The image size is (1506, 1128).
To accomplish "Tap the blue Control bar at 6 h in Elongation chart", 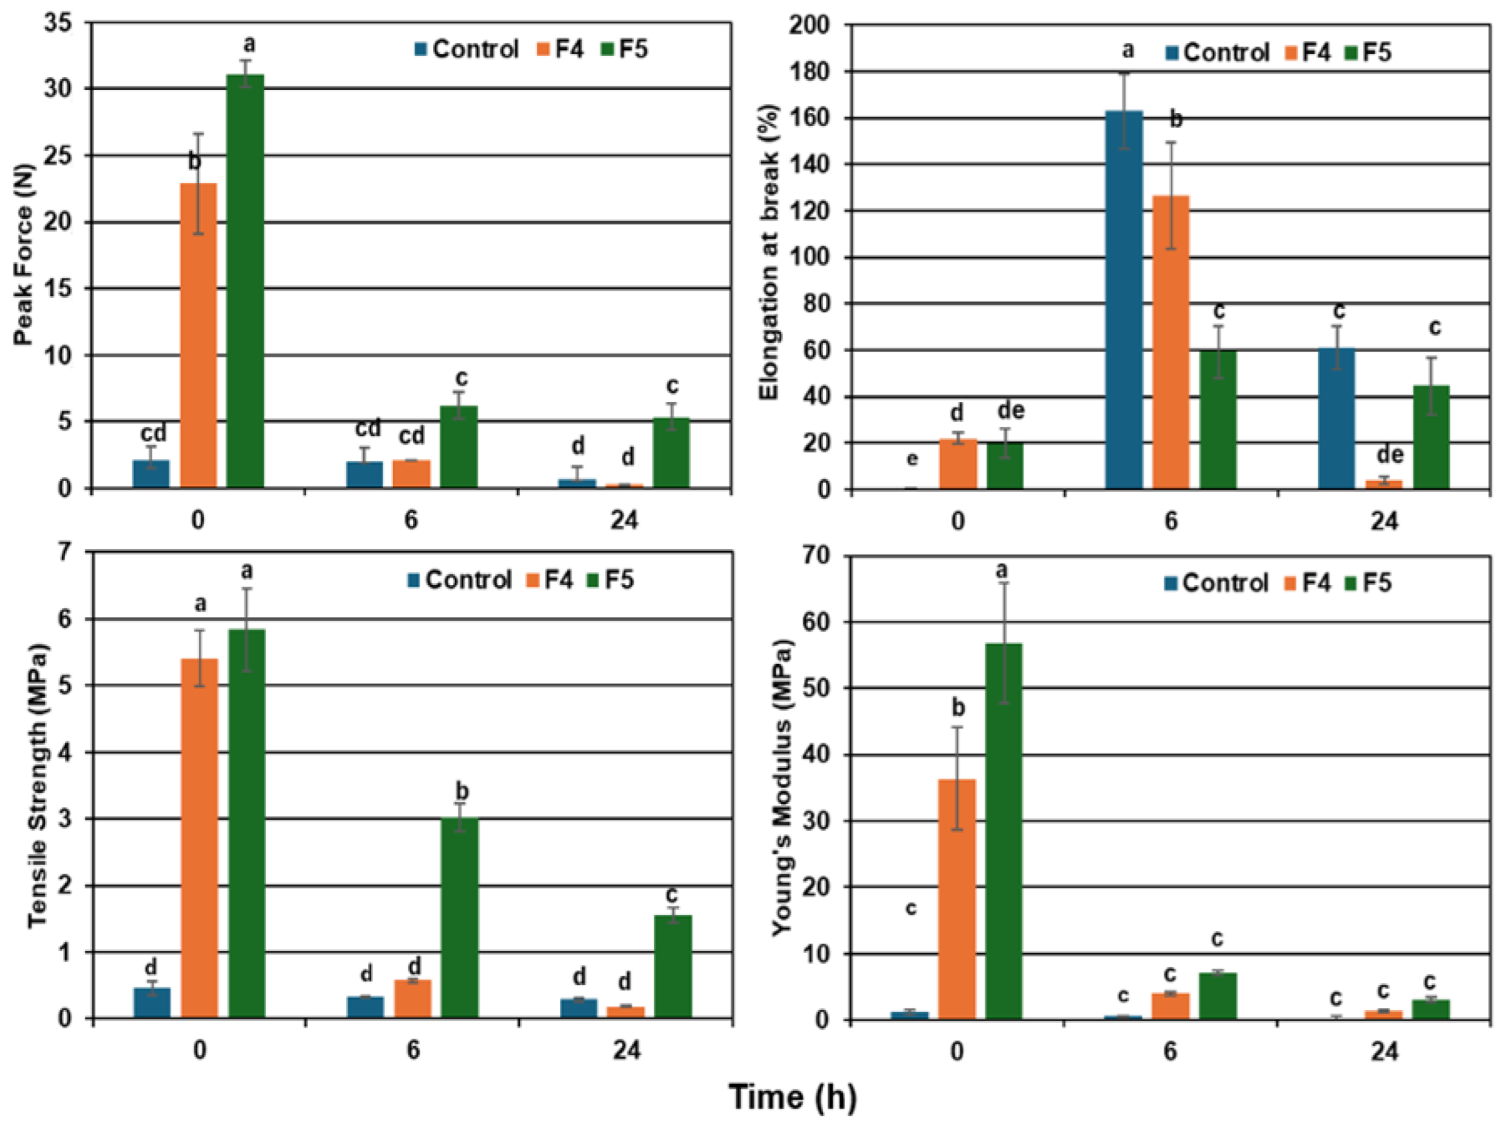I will coord(1124,299).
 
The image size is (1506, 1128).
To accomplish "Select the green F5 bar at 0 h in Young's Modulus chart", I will coord(1003,831).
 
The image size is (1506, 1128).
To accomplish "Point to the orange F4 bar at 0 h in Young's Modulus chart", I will coord(957,899).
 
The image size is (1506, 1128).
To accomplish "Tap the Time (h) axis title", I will coord(792,1097).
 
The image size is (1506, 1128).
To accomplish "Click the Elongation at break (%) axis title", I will coord(769,252).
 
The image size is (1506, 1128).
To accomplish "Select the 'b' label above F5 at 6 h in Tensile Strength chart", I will coord(462,791).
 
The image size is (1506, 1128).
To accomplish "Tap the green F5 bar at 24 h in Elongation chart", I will coord(1431,437).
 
